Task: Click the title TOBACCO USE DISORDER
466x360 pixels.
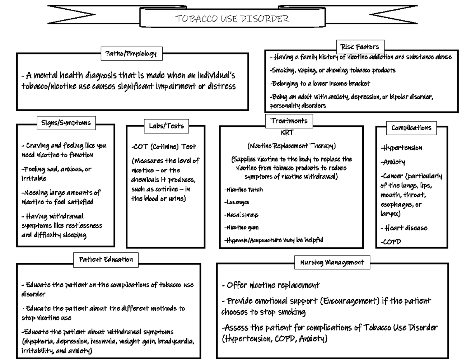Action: click(233, 19)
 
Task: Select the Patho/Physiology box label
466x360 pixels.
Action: click(129, 54)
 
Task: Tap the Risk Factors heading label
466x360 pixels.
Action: click(359, 47)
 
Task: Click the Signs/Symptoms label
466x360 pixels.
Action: click(66, 123)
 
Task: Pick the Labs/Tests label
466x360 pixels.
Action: click(166, 125)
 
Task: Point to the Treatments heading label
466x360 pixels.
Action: click(289, 121)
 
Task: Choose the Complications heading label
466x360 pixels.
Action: click(411, 127)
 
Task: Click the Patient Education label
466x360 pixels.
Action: click(106, 259)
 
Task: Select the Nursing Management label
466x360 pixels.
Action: click(332, 263)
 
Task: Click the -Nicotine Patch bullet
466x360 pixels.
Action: click(244, 190)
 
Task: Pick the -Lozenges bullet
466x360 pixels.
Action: click(237, 202)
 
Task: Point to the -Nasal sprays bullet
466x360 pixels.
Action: click(241, 215)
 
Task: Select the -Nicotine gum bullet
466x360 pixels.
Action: click(242, 227)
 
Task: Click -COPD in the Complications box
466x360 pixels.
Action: click(390, 242)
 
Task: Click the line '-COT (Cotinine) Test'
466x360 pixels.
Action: click(164, 147)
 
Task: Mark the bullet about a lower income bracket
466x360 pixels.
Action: click(320, 83)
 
